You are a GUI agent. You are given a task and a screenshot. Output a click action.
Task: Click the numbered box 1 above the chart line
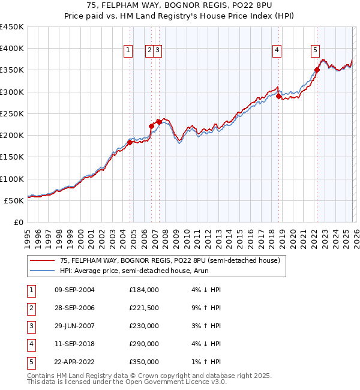click(x=128, y=51)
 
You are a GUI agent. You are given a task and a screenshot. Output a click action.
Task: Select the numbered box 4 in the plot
click(x=277, y=51)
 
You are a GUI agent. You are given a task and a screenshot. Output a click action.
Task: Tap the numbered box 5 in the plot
click(x=315, y=51)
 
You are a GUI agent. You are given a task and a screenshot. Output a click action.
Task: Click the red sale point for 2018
click(x=279, y=96)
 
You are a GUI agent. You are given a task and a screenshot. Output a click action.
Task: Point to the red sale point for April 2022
click(x=317, y=70)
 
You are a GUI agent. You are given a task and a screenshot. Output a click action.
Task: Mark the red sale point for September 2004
click(x=130, y=142)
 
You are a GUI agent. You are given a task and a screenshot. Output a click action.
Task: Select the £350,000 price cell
click(x=144, y=362)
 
